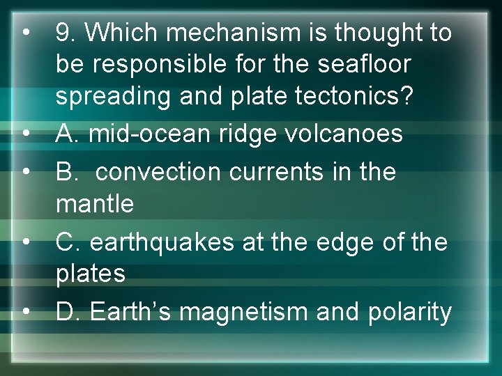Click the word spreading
(x=112, y=97)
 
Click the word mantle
(x=94, y=204)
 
